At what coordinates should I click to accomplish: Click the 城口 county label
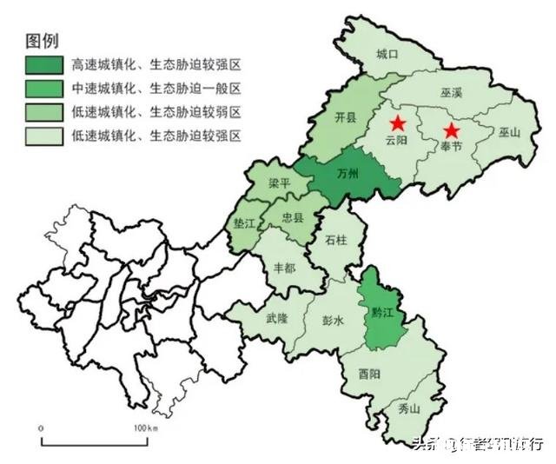point(387,54)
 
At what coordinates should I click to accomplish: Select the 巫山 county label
point(508,133)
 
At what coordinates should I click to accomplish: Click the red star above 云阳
point(397,123)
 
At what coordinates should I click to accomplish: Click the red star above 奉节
point(451,131)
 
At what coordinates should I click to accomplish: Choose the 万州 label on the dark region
point(347,177)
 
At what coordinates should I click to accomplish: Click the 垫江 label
point(246,223)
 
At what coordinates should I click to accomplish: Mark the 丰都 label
point(284,268)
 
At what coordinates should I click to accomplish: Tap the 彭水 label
point(333,320)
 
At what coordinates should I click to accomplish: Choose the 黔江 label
point(381,311)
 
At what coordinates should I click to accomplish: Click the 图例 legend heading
point(43,41)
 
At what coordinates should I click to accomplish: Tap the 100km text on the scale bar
point(145,429)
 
